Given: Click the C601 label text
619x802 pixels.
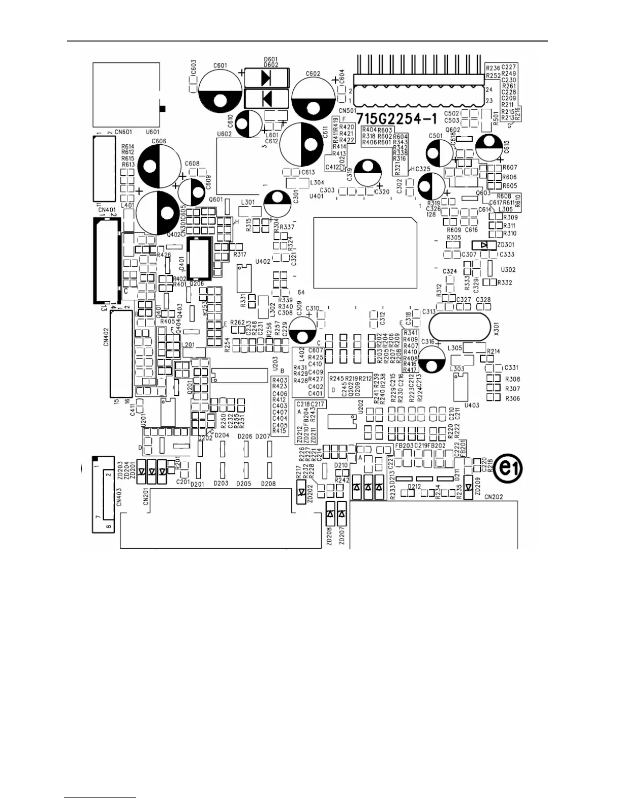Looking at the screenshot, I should point(220,65).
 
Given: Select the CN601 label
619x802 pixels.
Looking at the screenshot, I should point(123,132).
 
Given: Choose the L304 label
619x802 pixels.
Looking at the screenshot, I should point(317,182).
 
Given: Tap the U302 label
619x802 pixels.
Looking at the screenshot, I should point(508,270).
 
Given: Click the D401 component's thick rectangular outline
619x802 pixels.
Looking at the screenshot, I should point(199,258).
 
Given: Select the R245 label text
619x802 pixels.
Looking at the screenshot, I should point(336,378).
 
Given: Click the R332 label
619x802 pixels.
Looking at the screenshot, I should point(505,283).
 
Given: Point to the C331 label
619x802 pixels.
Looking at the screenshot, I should point(511,368).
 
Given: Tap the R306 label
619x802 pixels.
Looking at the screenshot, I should point(513,398).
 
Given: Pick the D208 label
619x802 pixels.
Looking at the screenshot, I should point(269,484).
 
